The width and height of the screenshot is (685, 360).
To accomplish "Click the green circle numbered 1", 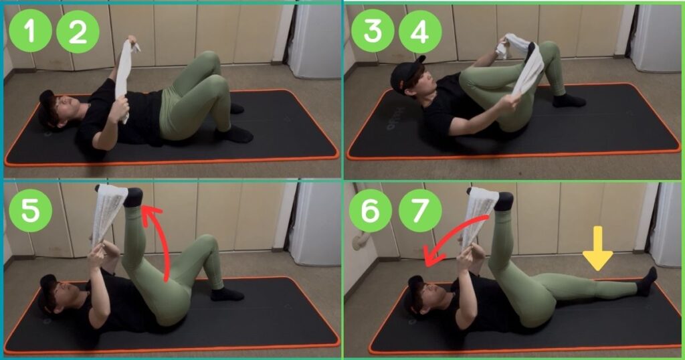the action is tap(30, 31).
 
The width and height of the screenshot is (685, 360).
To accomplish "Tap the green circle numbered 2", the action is tap(78, 31).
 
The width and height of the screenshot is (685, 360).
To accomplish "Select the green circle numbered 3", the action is tap(373, 31).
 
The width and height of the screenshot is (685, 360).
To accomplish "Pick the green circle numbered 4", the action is tap(420, 31).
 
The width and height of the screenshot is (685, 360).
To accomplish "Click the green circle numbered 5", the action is tap(30, 210).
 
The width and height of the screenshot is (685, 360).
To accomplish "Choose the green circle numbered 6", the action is tap(369, 211).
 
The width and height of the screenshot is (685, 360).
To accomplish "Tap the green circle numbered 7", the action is tap(420, 211).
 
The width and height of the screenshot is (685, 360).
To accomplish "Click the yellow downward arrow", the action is tap(597, 248).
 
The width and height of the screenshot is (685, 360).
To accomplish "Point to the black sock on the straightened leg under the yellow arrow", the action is tap(647, 282).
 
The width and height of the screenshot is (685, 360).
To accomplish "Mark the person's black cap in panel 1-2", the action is tap(47, 109).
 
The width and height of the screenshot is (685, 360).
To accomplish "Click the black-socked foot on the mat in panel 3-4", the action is tap(569, 101).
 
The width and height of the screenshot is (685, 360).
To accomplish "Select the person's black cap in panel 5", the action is tap(47, 294).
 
